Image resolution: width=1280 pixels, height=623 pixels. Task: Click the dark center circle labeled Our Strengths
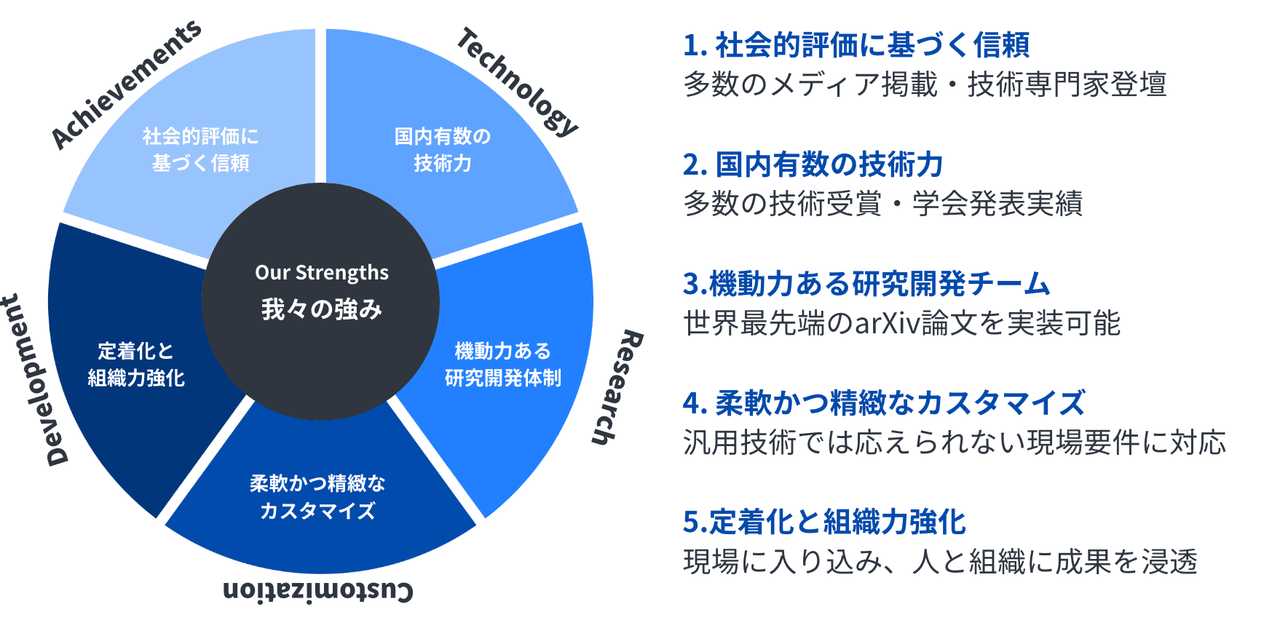click(x=320, y=301)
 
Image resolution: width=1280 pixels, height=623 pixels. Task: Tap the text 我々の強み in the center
click(x=322, y=309)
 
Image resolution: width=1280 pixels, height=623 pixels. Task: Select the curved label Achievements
click(x=125, y=84)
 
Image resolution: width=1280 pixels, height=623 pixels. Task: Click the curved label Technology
click(x=518, y=82)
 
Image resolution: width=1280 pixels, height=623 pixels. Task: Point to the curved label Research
click(x=617, y=386)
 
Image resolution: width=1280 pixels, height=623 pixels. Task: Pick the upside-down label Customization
click(x=318, y=590)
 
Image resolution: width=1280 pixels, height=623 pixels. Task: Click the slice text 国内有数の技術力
click(x=443, y=149)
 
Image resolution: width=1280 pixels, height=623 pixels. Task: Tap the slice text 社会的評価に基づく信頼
click(x=200, y=149)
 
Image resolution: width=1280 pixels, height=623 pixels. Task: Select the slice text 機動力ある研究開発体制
click(x=503, y=364)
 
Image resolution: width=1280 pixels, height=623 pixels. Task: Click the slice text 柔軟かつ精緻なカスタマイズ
click(x=317, y=496)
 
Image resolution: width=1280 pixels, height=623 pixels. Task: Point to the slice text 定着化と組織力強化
click(x=136, y=364)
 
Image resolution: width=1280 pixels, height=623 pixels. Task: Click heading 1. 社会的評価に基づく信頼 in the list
click(x=856, y=45)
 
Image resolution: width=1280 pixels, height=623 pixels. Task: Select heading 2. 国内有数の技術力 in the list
click(x=813, y=164)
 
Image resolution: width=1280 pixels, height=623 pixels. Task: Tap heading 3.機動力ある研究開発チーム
click(x=866, y=283)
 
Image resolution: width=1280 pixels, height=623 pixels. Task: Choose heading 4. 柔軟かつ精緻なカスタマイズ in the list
click(x=884, y=402)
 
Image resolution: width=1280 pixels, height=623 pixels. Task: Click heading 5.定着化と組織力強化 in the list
click(x=824, y=522)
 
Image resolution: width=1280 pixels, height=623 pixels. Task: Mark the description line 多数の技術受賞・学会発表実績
click(x=883, y=204)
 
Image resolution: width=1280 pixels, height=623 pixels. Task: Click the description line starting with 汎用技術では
click(x=955, y=443)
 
